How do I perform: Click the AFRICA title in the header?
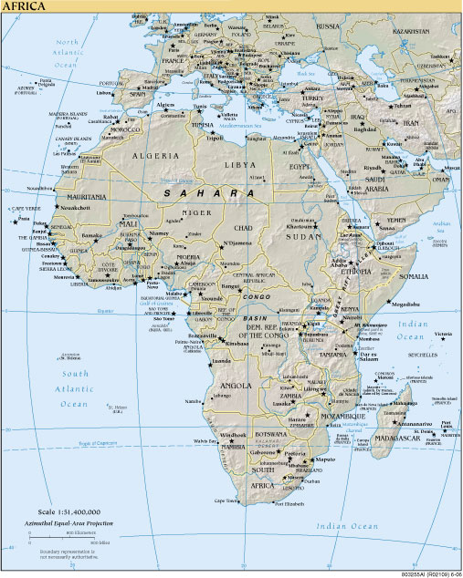(26, 6)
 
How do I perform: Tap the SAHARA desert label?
(208, 193)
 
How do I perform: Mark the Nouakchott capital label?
(71, 208)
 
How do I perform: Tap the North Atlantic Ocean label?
(68, 53)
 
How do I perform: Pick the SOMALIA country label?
(412, 275)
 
